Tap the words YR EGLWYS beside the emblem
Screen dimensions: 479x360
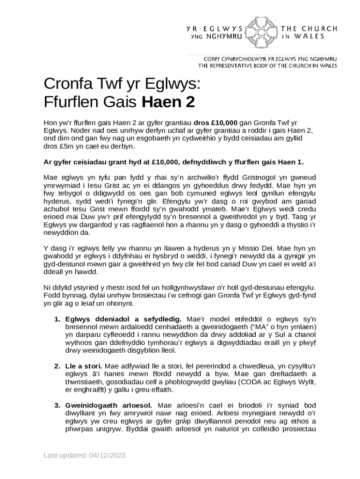pos(215,28)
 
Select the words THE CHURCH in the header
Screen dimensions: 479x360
pos(309,28)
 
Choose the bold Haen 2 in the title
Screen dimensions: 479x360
pos(168,101)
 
